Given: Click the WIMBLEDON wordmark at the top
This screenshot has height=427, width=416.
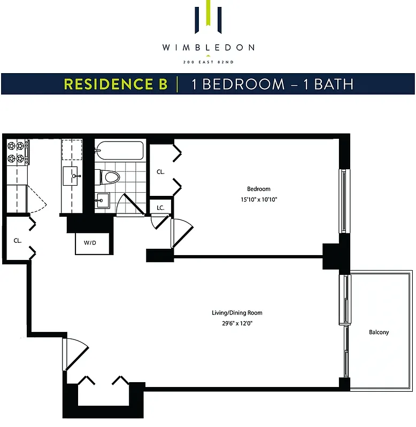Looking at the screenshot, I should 208,48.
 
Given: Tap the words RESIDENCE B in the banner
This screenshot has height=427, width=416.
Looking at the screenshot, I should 115,84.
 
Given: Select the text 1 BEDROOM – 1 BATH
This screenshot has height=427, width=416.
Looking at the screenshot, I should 265,84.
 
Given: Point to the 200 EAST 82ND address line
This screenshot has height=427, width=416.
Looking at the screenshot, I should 208,63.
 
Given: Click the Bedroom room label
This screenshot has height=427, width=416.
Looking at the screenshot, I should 258,189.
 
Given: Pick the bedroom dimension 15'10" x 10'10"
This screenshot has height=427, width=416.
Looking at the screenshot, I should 258,200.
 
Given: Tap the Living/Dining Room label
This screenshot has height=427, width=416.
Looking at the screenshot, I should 237,313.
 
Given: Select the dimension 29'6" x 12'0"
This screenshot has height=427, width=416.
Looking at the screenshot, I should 237,323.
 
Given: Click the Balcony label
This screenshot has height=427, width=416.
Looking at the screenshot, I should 379,332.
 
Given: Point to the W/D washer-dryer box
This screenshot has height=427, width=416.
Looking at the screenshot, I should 90,243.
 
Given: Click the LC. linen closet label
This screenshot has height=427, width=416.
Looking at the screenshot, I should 160,207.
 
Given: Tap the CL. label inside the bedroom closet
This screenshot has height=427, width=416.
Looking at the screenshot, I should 160,172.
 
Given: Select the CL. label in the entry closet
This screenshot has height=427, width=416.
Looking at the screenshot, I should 18,241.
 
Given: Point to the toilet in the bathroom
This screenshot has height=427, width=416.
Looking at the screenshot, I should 109,176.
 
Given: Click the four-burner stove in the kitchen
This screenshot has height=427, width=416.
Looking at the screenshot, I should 18,152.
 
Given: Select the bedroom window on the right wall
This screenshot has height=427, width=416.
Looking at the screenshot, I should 343,201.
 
